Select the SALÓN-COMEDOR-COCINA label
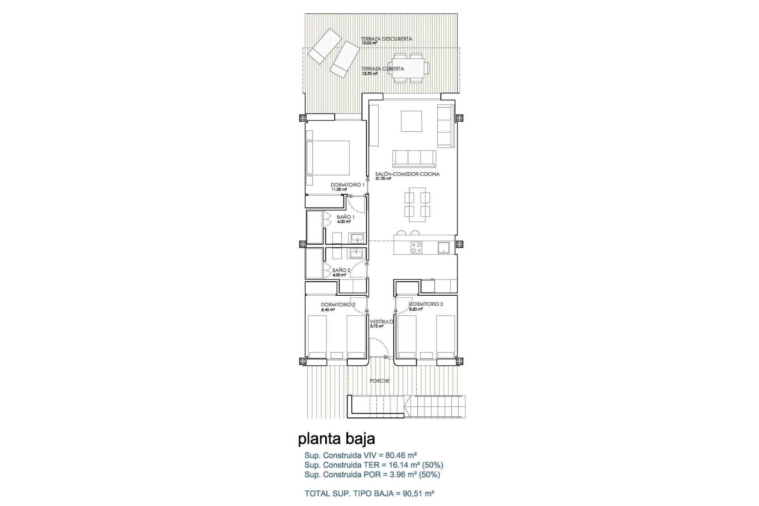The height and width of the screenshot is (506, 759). pyautogui.click(x=407, y=174)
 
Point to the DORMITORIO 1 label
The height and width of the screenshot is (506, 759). pyautogui.click(x=347, y=185)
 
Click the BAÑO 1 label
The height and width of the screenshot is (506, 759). pyautogui.click(x=346, y=217)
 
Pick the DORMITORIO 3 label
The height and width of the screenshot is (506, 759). pyautogui.click(x=425, y=304)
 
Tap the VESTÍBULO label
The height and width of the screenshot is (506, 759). pyautogui.click(x=381, y=322)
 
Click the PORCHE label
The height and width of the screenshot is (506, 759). pyautogui.click(x=379, y=381)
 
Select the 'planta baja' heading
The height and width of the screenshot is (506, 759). pyautogui.click(x=336, y=438)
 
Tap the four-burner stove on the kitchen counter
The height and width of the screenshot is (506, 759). pyautogui.click(x=416, y=247)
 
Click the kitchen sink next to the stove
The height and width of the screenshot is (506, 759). pyautogui.click(x=443, y=247)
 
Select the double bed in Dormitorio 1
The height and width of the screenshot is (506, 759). pyautogui.click(x=328, y=158)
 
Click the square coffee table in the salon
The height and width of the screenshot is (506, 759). pyautogui.click(x=412, y=121)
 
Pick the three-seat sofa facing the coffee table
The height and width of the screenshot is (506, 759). pyautogui.click(x=414, y=159)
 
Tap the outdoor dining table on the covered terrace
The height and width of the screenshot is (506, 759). pyautogui.click(x=408, y=68)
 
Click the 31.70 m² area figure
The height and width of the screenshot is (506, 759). pyautogui.click(x=383, y=179)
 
